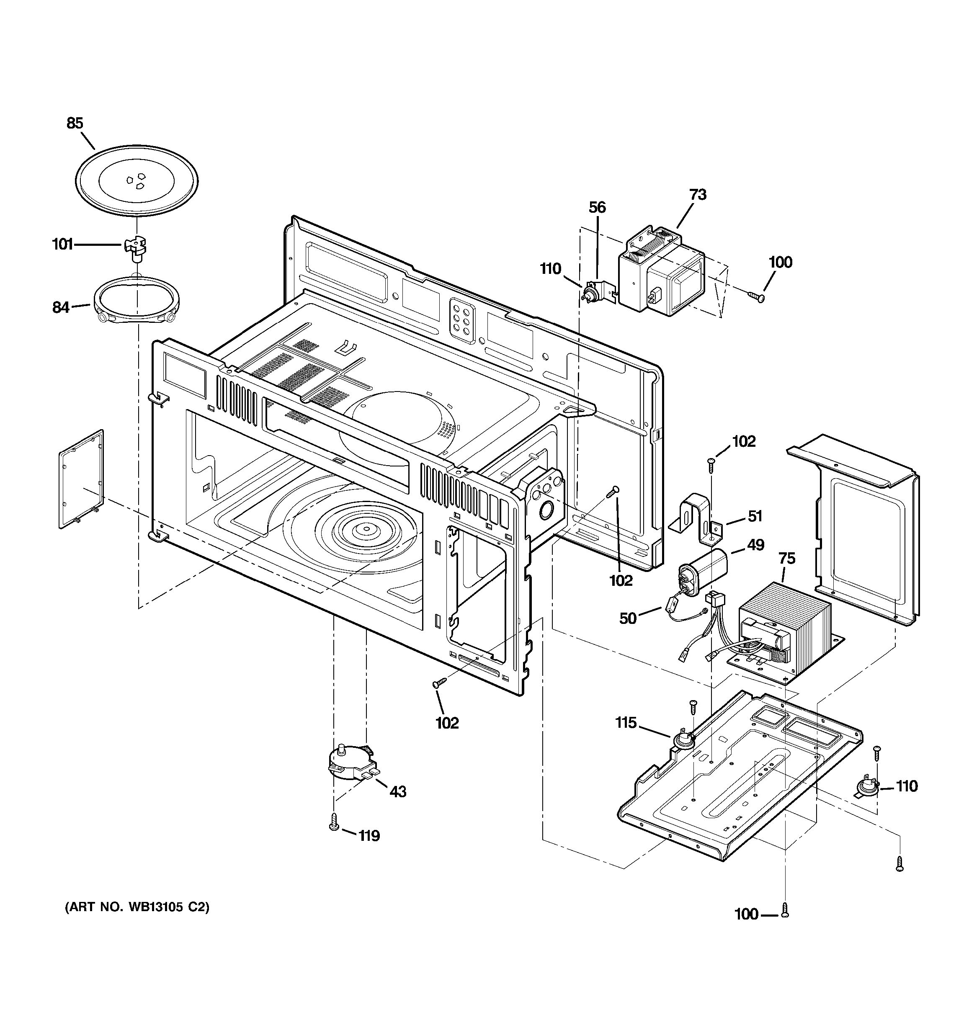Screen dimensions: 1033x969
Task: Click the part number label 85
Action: [75, 124]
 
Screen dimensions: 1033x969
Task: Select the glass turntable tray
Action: [137, 181]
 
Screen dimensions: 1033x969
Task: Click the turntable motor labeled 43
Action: [351, 764]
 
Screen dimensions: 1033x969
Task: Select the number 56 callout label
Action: [597, 207]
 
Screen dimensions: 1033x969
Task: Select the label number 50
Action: [628, 618]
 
